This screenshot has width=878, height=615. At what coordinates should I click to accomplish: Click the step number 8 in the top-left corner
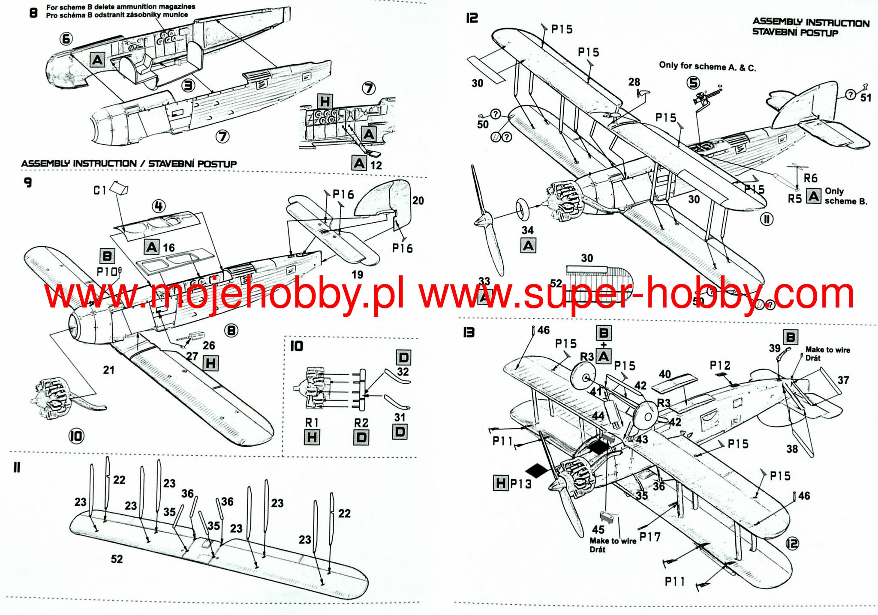tap(33, 13)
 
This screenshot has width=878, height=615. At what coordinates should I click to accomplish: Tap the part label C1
tap(99, 190)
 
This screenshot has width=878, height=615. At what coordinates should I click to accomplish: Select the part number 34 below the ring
tap(527, 230)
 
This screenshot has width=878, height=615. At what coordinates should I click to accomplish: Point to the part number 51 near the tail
tap(866, 98)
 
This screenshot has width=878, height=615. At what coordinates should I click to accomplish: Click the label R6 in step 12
tap(810, 178)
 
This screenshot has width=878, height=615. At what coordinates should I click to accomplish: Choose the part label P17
tap(650, 537)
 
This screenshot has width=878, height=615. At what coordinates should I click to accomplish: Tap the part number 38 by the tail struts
tap(792, 449)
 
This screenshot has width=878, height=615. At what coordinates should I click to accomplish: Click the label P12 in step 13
tap(720, 365)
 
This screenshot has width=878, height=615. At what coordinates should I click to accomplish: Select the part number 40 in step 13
tap(665, 374)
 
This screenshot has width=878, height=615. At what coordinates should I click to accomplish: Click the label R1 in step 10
tap(312, 423)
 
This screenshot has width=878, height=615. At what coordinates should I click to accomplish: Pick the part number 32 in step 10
tap(403, 372)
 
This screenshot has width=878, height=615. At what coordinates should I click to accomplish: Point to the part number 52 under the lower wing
tap(117, 559)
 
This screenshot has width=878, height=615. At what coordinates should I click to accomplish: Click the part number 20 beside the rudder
tap(418, 200)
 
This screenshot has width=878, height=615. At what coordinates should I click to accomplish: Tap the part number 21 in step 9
tap(108, 370)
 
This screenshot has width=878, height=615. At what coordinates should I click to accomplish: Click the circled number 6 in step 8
tap(66, 39)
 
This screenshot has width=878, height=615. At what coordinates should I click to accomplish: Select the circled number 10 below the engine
tap(76, 436)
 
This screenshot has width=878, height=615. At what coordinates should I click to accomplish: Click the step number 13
tap(469, 332)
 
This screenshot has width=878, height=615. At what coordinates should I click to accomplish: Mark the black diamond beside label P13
tap(537, 470)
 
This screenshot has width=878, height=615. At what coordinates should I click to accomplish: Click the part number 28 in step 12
tap(634, 82)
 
